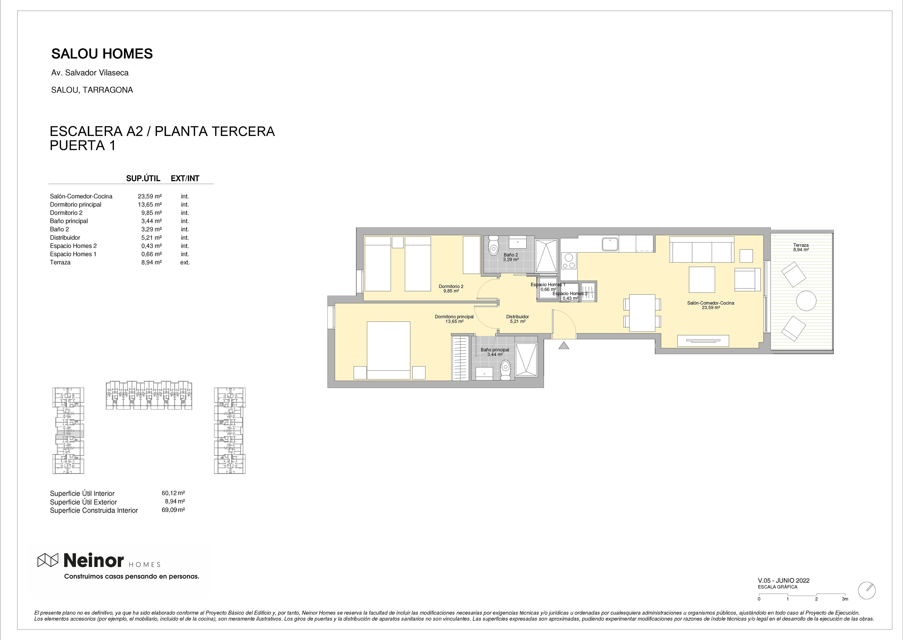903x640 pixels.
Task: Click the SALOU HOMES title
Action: click(102, 54)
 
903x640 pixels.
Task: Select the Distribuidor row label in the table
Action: click(65, 238)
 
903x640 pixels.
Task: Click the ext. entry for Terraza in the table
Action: click(185, 262)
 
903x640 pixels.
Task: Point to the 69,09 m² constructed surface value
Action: click(173, 510)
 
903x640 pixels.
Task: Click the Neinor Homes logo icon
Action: click(48, 560)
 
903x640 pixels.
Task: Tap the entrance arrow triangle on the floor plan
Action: click(564, 345)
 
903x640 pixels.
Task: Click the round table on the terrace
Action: click(806, 301)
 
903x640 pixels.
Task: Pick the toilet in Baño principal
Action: click(505, 371)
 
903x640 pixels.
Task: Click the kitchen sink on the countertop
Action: click(610, 244)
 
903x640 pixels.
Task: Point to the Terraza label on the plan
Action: click(801, 245)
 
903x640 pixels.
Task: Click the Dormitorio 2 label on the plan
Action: click(451, 286)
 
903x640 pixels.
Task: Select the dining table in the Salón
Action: click(642, 313)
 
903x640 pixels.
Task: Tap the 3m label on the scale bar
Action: click(845, 599)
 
